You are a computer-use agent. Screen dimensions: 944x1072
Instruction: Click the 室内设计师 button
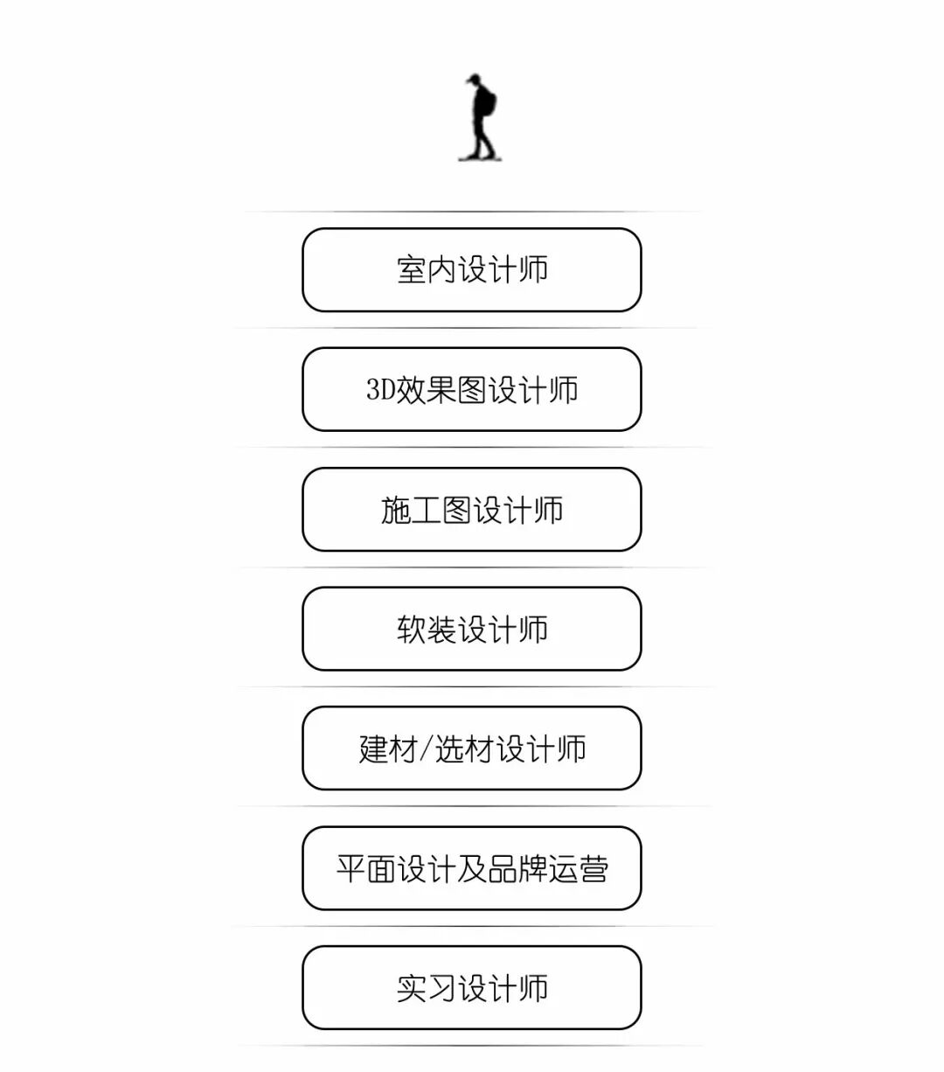[x=472, y=269]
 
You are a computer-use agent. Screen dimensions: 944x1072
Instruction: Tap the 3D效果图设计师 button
[x=472, y=389]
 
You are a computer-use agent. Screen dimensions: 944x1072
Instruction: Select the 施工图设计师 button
[x=472, y=509]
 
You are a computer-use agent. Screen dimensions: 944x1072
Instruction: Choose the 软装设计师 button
[x=472, y=629]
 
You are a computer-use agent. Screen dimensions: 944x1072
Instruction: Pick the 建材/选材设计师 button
[x=472, y=748]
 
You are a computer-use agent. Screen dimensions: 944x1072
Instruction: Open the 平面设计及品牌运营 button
[x=472, y=868]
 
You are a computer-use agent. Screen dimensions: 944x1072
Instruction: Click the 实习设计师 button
[x=472, y=988]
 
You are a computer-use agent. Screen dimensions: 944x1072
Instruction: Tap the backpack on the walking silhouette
[x=489, y=103]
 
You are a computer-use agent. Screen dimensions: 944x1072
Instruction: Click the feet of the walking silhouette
[x=479, y=156]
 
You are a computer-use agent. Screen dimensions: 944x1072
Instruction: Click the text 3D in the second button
[x=380, y=390]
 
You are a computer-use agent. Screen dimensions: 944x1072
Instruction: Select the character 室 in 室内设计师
[x=412, y=269]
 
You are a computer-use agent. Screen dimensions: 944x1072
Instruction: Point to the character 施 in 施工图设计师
[x=396, y=510]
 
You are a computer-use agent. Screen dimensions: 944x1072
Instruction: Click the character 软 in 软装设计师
[x=412, y=630]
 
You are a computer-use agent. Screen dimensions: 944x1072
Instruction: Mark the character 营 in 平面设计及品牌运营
[x=593, y=869]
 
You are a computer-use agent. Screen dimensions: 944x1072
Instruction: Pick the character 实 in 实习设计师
[x=412, y=989]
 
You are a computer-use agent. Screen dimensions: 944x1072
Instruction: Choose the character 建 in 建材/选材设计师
[x=373, y=749]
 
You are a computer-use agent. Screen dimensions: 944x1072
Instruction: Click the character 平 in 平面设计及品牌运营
[x=351, y=869]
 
